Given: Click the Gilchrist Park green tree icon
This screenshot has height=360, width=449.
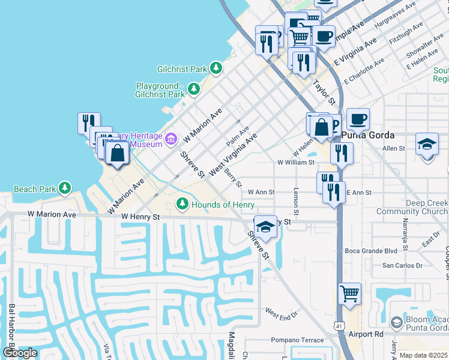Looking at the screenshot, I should [x=216, y=69].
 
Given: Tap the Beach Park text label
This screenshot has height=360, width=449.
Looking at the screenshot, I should [x=34, y=189].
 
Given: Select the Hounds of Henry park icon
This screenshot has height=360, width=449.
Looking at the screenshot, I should [x=182, y=205].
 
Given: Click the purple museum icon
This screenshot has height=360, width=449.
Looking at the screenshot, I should [x=171, y=139].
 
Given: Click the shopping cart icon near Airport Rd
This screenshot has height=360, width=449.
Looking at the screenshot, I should [x=349, y=294].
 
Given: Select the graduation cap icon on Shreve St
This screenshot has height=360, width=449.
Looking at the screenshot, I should [x=265, y=226].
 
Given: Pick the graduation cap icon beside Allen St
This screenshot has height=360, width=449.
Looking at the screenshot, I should [x=427, y=144].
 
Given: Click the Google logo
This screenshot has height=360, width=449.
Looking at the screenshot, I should [x=20, y=352].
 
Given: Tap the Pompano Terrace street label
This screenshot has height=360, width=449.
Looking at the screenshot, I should [x=297, y=340].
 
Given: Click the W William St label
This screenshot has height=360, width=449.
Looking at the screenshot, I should [x=296, y=162].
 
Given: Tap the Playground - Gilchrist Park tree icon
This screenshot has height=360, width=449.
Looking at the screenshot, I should [x=193, y=89].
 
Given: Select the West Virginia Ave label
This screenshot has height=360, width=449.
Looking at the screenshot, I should [x=232, y=152].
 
